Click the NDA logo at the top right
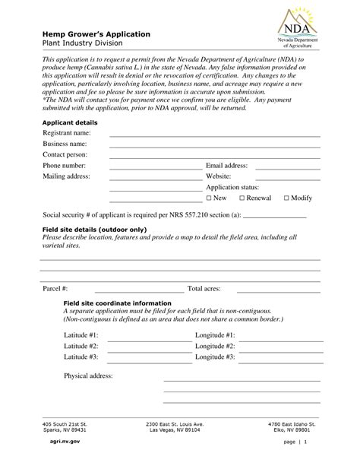tap(302, 29)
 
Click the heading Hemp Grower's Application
tap(96, 35)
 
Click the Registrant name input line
tap(214, 135)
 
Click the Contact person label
tap(66, 154)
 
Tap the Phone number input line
tap(155, 167)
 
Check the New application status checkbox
tap(209, 198)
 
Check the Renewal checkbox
tap(242, 198)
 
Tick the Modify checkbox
tap(286, 198)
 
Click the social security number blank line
tap(274, 217)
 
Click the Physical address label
tap(88, 376)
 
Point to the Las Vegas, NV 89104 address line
tap(175, 430)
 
